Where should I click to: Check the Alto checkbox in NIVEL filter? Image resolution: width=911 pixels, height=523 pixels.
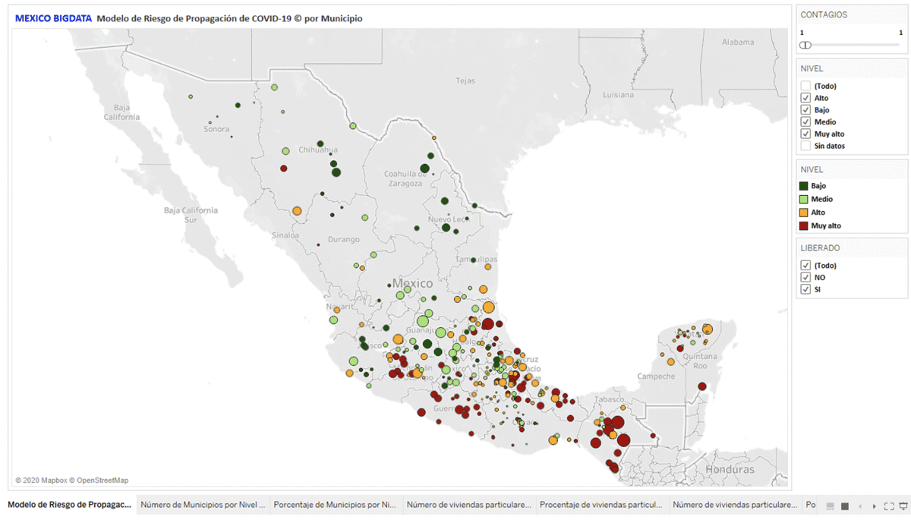pyautogui.click(x=805, y=98)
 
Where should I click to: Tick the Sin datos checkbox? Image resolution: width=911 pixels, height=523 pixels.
pyautogui.click(x=805, y=146)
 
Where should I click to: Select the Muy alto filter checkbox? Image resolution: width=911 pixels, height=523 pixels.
pyautogui.click(x=805, y=134)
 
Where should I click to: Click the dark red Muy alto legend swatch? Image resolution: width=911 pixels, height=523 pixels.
pyautogui.click(x=804, y=225)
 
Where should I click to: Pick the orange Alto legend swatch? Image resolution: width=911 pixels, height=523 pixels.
pyautogui.click(x=804, y=213)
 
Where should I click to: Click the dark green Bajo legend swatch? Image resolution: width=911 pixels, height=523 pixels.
pyautogui.click(x=804, y=186)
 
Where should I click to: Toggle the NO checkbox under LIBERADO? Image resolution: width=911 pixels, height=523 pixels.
pyautogui.click(x=805, y=278)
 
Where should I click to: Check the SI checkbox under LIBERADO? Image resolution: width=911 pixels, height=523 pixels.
pyautogui.click(x=805, y=290)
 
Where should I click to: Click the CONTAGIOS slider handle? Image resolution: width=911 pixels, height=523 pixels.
pyautogui.click(x=805, y=45)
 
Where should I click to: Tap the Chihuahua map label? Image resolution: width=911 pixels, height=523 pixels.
pyautogui.click(x=318, y=150)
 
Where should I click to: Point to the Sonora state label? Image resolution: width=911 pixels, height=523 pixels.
pyautogui.click(x=216, y=129)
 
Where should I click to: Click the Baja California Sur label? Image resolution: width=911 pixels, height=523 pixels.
pyautogui.click(x=191, y=215)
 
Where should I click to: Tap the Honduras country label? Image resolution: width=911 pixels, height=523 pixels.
pyautogui.click(x=730, y=469)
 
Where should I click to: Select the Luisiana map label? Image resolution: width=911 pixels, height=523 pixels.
pyautogui.click(x=618, y=95)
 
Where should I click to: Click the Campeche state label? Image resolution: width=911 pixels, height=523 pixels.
pyautogui.click(x=656, y=376)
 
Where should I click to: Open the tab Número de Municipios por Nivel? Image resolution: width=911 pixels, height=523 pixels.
pyautogui.click(x=203, y=504)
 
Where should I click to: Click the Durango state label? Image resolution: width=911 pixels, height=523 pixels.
pyautogui.click(x=343, y=239)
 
